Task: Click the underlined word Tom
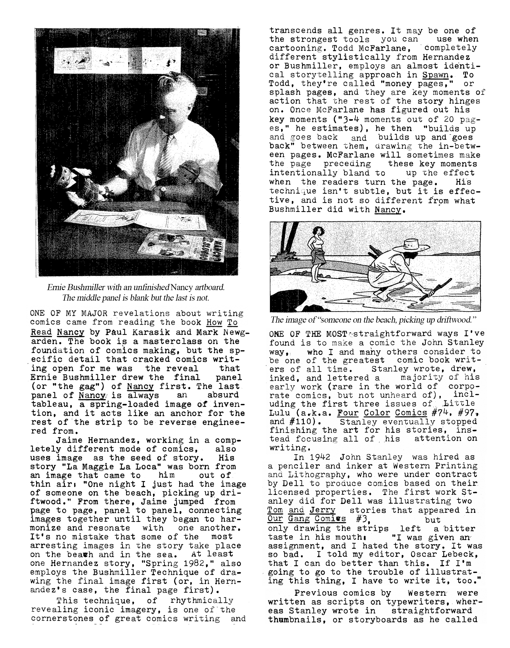click(x=274, y=510)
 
